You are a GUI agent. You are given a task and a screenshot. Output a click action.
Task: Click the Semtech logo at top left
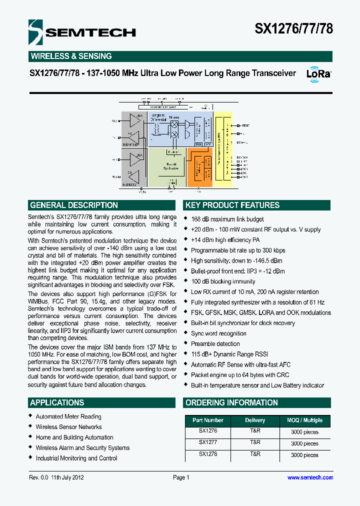pyautogui.click(x=82, y=32)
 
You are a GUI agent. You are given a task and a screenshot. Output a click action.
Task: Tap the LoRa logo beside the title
pyautogui.click(x=318, y=73)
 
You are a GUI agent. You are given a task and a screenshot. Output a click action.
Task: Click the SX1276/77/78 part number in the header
pyautogui.click(x=293, y=29)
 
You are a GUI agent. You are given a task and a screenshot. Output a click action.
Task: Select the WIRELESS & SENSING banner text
pyautogui.click(x=71, y=56)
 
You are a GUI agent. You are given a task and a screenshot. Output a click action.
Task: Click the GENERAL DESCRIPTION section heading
pyautogui.click(x=74, y=205)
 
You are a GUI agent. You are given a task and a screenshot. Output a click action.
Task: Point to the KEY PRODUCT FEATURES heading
pyautogui.click(x=232, y=205)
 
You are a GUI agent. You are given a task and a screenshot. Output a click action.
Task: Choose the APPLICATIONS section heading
pyautogui.click(x=57, y=402)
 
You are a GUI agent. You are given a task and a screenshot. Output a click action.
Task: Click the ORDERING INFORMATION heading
pyautogui.click(x=231, y=402)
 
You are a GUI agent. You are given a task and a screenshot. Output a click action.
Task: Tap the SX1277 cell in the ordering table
pyautogui.click(x=208, y=442)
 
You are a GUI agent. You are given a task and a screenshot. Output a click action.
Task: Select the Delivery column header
pyautogui.click(x=255, y=420)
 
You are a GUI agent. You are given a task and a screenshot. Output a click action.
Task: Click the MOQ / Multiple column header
pyautogui.click(x=304, y=420)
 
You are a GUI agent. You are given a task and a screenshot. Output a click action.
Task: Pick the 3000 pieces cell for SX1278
pyautogui.click(x=304, y=455)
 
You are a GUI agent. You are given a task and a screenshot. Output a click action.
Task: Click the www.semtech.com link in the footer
pyautogui.click(x=310, y=477)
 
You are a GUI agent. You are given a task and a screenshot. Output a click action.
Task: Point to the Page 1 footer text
pyautogui.click(x=181, y=477)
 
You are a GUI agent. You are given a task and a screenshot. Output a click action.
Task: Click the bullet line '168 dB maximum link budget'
pyautogui.click(x=227, y=219)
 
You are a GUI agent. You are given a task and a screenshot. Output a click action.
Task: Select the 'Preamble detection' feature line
pyautogui.click(x=215, y=343)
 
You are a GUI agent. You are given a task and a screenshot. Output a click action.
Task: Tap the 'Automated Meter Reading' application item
pyautogui.click(x=68, y=416)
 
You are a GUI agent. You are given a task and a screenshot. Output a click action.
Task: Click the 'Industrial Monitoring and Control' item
pyautogui.click(x=76, y=458)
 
